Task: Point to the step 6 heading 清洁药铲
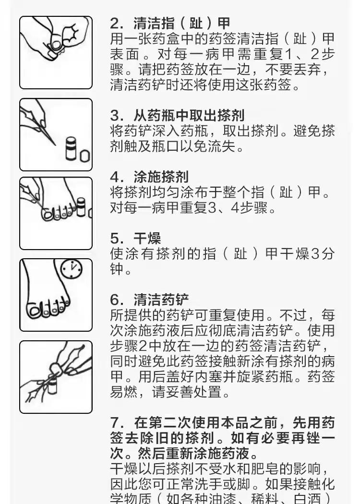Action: coord(161,300)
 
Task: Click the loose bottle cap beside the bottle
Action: coord(84,156)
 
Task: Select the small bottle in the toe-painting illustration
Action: coord(82,209)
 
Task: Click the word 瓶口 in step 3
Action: coord(178,146)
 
